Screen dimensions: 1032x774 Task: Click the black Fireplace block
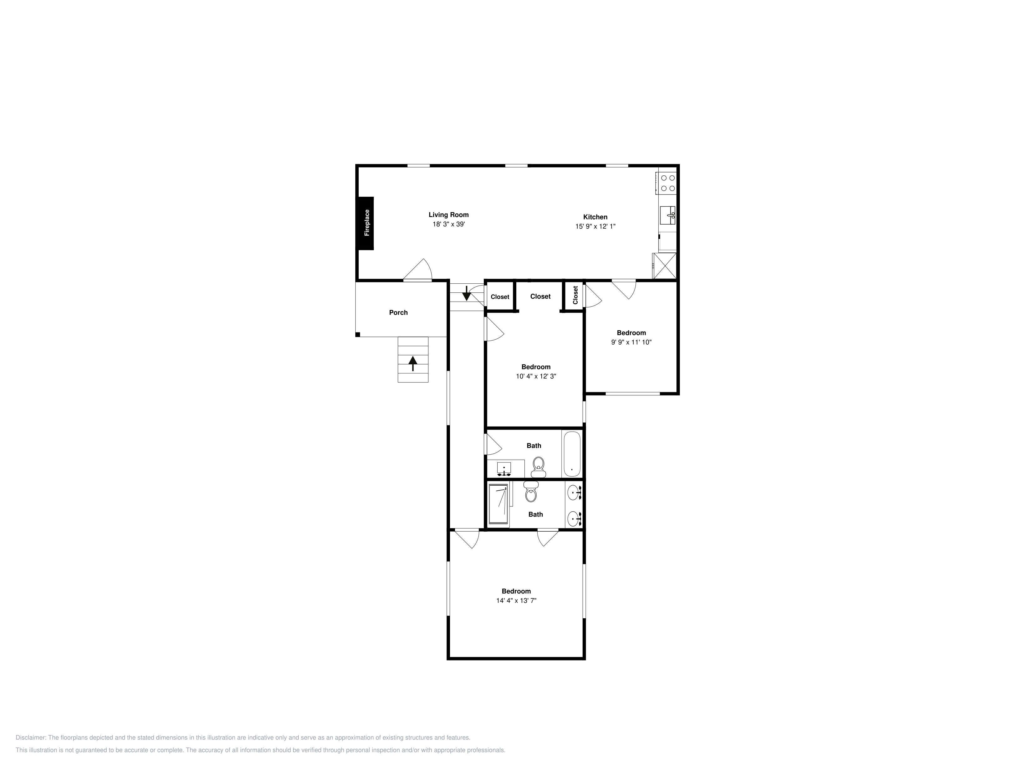(x=366, y=223)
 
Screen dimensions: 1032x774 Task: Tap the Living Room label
(x=448, y=215)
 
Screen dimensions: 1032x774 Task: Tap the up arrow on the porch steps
(x=413, y=363)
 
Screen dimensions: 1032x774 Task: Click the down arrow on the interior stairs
(x=466, y=293)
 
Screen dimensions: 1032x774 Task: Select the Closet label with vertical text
(x=575, y=295)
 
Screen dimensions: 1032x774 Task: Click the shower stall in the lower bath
(x=498, y=504)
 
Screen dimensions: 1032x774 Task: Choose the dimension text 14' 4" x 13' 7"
(x=516, y=600)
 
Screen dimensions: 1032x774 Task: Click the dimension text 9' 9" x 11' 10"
(x=631, y=342)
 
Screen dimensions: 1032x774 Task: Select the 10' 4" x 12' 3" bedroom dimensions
(x=536, y=376)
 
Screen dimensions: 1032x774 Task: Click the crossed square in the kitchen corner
(x=664, y=266)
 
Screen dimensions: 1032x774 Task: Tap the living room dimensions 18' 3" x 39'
(x=448, y=224)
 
